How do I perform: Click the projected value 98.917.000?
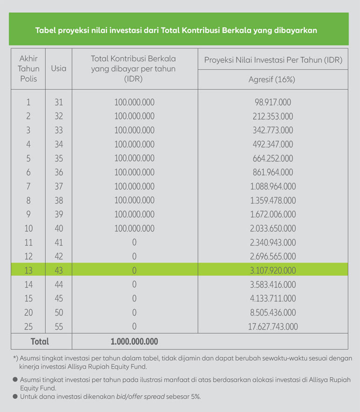point(273,102)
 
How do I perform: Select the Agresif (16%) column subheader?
point(273,79)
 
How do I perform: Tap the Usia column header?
point(58,68)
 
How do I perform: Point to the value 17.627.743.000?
point(273,327)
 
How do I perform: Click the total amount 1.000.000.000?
point(134,342)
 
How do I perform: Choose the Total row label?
point(40,342)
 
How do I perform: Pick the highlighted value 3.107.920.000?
point(273,270)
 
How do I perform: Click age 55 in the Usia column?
point(58,327)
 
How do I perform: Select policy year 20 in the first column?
point(28,313)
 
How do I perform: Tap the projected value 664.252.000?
point(273,158)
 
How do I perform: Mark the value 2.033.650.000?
point(273,228)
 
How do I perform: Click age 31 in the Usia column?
point(58,102)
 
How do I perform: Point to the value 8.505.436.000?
point(273,313)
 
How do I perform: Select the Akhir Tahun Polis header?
point(28,68)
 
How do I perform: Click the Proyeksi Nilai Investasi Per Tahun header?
point(273,60)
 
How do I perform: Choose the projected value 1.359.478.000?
point(273,200)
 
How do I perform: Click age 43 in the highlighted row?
point(58,270)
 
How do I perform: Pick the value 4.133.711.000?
point(273,298)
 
